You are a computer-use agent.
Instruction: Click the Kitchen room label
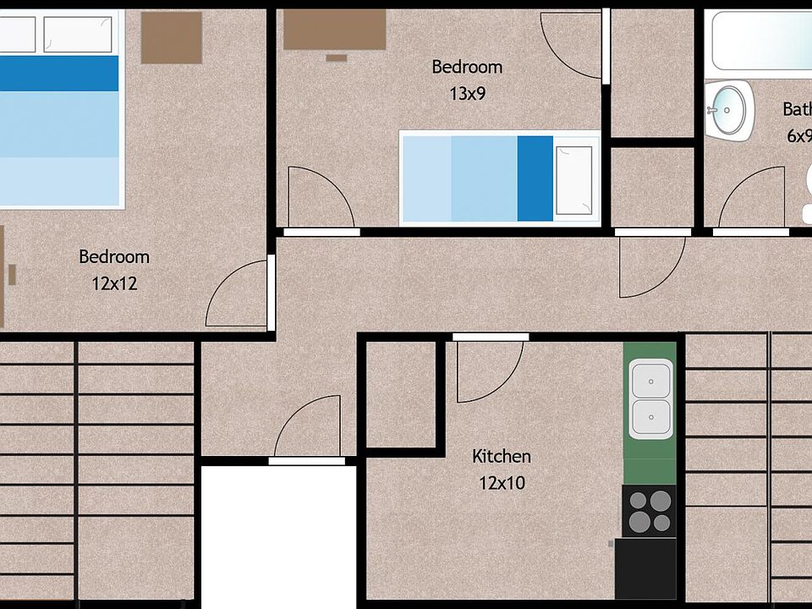502,457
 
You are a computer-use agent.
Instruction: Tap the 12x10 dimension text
501,484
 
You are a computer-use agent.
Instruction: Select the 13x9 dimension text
467,94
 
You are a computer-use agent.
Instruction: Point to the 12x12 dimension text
114,284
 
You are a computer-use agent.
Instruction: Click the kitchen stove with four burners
649,511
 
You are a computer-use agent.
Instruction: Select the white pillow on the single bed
573,179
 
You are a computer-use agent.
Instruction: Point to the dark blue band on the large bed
59,74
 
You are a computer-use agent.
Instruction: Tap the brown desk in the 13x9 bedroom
334,30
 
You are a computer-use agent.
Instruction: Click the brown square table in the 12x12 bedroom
172,37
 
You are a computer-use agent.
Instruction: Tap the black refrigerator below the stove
645,568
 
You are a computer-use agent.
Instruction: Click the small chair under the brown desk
337,58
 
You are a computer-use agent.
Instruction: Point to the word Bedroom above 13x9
467,67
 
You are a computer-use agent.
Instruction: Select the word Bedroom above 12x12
114,257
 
